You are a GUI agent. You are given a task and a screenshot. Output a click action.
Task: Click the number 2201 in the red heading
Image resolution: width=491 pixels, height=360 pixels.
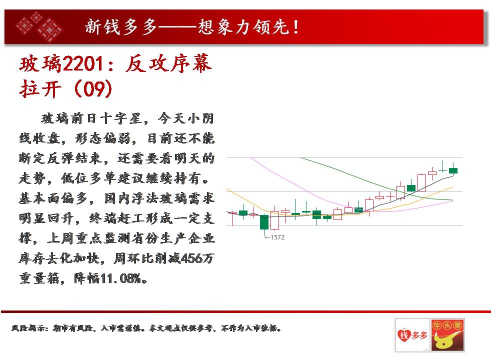pos(83,64)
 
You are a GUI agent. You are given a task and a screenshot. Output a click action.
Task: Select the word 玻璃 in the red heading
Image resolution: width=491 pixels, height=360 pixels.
pos(40,64)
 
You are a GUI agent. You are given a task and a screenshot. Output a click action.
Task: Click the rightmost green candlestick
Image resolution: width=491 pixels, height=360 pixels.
pos(453,170)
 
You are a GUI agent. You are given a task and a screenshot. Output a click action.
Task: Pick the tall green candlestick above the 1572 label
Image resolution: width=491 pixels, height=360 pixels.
pos(264,222)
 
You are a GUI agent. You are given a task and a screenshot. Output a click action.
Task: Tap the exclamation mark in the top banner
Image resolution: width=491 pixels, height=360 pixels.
pos(295,27)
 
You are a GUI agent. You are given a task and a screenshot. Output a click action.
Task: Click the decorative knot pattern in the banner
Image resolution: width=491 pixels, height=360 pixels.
pos(39,26)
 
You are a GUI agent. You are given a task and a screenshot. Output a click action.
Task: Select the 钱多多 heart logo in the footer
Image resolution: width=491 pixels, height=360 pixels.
pos(412,335)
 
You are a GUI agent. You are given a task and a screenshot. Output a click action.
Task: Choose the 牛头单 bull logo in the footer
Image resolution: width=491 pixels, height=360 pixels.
pos(447,335)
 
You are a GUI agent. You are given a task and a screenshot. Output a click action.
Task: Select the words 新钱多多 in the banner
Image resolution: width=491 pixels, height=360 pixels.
pos(121,27)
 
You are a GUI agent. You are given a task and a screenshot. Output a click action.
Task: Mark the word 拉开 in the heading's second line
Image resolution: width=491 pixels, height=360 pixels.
pos(40,88)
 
